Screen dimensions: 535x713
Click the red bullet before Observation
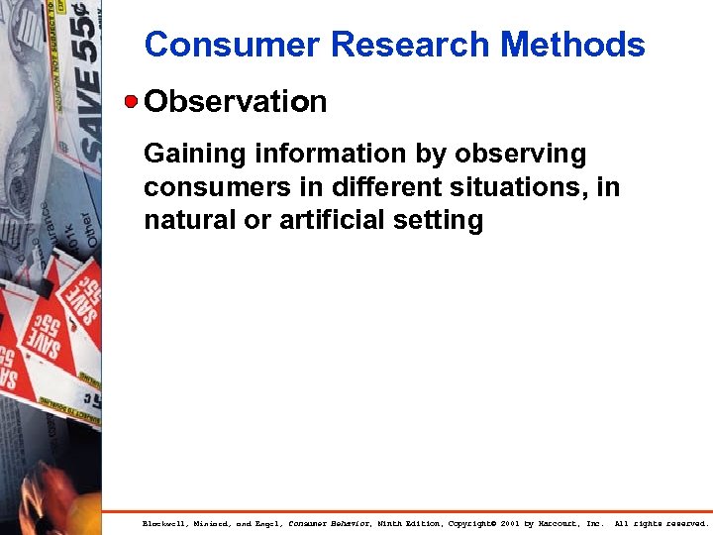coord(132,101)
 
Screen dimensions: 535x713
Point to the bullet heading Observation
coord(236,101)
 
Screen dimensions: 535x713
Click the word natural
coord(189,219)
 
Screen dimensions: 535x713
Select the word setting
coord(440,220)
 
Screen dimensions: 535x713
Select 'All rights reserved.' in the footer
coord(662,523)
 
